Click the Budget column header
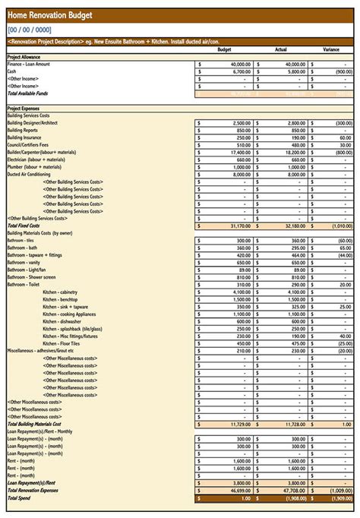click(x=224, y=50)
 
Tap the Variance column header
click(x=330, y=50)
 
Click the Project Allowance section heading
click(x=24, y=58)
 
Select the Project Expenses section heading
click(x=24, y=109)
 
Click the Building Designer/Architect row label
click(x=33, y=123)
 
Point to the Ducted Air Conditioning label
click(x=29, y=174)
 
